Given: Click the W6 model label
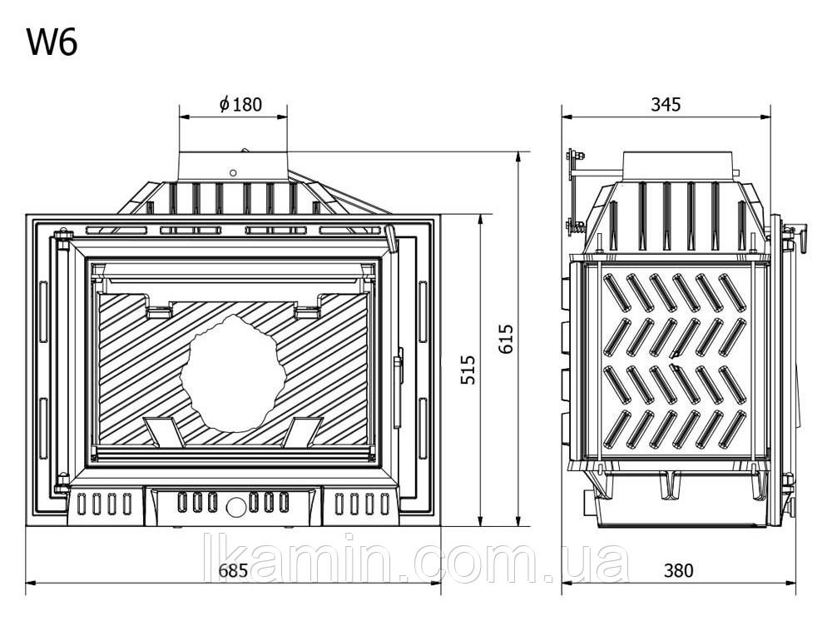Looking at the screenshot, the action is click(52, 42).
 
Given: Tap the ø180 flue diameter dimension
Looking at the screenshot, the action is click(241, 104).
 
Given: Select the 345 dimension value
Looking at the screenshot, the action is click(666, 104).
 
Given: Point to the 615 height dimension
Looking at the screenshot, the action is click(506, 338).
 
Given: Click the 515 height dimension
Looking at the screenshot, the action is click(468, 370).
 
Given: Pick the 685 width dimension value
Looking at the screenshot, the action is click(234, 570).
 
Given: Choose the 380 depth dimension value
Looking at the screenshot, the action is click(679, 570).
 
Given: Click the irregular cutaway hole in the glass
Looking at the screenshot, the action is click(234, 372).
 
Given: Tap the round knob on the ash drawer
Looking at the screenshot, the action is click(235, 506).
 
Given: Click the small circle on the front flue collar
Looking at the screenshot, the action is click(233, 172).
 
